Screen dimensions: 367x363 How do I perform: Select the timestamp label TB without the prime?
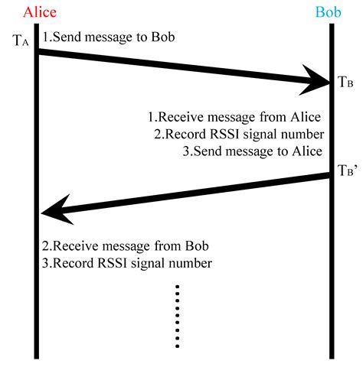345,82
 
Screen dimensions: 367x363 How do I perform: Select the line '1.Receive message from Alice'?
234,117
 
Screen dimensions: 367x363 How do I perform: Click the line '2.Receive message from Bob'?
126,246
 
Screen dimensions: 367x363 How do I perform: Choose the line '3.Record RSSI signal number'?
126,265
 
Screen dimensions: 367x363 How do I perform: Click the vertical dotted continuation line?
178,315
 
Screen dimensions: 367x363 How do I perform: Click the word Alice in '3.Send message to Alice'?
306,151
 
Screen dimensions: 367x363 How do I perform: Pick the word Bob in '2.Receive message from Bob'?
196,246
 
